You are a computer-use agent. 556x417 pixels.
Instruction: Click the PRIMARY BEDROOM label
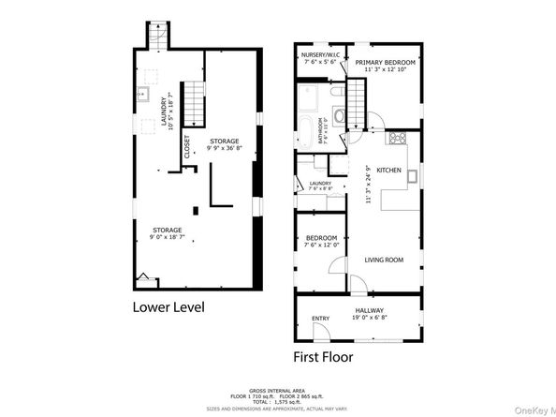[386, 61]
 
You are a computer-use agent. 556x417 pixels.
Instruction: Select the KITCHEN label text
[389, 171]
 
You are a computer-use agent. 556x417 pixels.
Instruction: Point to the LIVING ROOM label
[385, 260]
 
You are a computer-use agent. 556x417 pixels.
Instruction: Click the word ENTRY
[321, 318]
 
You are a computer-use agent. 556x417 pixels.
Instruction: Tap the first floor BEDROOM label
[321, 238]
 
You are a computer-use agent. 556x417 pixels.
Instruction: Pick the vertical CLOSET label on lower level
[186, 146]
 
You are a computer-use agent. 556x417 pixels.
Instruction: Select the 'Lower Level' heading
[168, 306]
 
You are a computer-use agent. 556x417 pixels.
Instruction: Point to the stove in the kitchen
[397, 142]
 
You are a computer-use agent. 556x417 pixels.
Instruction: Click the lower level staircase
[193, 101]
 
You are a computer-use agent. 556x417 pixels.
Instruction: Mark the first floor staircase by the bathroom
[358, 97]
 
